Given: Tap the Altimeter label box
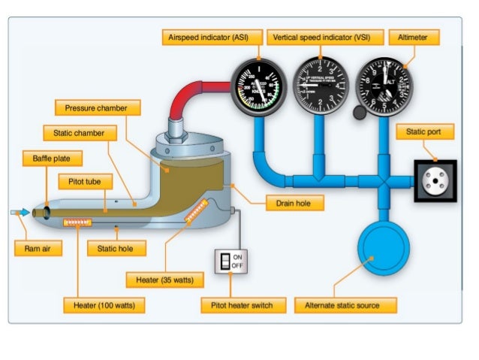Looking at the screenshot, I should click(414, 37).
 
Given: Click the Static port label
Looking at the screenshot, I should click(424, 132).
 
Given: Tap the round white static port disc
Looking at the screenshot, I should click(435, 180).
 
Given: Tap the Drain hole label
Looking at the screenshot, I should click(295, 203).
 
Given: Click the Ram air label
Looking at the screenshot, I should click(38, 248).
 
